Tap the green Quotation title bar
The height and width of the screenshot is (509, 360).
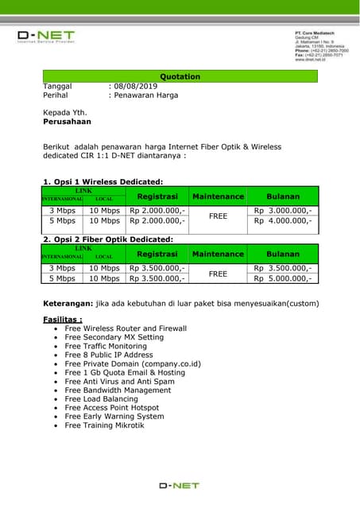pyautogui.click(x=180, y=76)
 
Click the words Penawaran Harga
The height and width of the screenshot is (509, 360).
pyautogui.click(x=145, y=95)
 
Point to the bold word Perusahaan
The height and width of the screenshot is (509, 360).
pyautogui.click(x=67, y=122)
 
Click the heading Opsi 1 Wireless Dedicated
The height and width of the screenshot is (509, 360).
pyautogui.click(x=103, y=181)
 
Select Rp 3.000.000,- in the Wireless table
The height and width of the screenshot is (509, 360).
pyautogui.click(x=283, y=210)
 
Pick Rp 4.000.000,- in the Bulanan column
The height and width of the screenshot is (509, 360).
pyautogui.click(x=283, y=220)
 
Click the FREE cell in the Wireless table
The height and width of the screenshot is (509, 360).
pyautogui.click(x=217, y=216)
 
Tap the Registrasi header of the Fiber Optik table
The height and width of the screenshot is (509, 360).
pyautogui.click(x=157, y=254)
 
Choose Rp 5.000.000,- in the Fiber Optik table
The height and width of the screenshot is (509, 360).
pyautogui.click(x=283, y=278)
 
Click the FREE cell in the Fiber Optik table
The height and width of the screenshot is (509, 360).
pyautogui.click(x=217, y=274)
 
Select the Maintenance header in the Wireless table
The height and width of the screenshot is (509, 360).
pyautogui.click(x=217, y=196)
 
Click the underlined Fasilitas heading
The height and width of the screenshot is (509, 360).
pyautogui.click(x=62, y=319)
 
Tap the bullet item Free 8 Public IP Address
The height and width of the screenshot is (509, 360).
pyautogui.click(x=108, y=355)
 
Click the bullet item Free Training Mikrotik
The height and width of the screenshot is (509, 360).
pyautogui.click(x=104, y=425)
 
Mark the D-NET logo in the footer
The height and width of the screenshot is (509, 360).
pyautogui.click(x=179, y=484)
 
